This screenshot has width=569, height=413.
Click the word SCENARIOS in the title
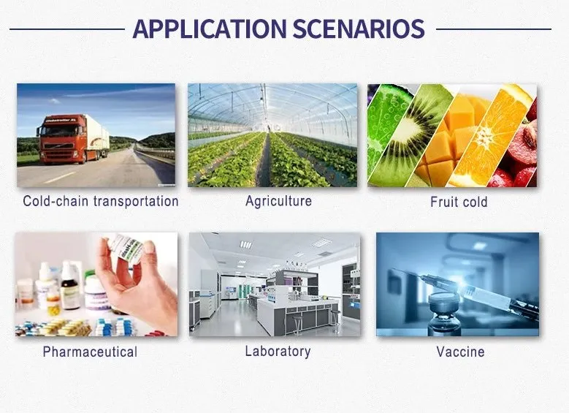point(358,29)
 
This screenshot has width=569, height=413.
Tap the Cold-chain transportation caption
point(101,201)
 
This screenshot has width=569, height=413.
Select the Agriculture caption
point(278,200)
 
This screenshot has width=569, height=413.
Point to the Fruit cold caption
point(459,202)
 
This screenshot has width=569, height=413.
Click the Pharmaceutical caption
point(90,352)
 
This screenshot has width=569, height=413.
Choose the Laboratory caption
point(278,351)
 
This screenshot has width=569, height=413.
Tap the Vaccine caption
point(460,352)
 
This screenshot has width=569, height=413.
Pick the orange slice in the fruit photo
point(489,139)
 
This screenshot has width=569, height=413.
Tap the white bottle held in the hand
point(126,249)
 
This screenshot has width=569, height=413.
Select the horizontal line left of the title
point(66,29)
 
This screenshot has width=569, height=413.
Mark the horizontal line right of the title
point(493,29)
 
